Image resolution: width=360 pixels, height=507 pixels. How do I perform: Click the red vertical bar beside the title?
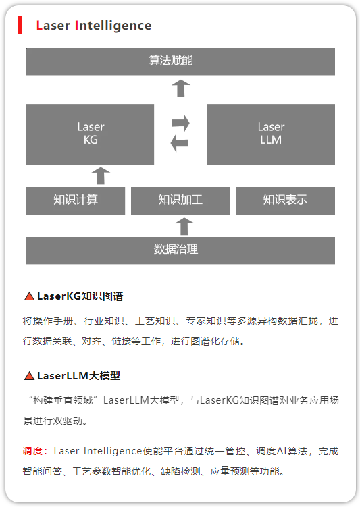[x=20, y=25]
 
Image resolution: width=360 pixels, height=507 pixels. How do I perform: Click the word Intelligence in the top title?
[x=113, y=26]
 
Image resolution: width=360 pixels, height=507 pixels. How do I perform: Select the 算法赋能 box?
[x=180, y=61]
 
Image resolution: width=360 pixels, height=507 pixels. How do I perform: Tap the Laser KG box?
[x=91, y=134]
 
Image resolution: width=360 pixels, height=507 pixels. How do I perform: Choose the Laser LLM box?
[x=271, y=134]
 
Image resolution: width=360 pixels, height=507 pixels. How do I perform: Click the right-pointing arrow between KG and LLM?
[x=180, y=123]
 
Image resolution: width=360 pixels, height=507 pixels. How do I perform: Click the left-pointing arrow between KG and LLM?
[x=180, y=143]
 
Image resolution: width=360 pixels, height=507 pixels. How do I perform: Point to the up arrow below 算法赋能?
[x=181, y=88]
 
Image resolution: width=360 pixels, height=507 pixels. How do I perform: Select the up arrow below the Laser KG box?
[x=101, y=176]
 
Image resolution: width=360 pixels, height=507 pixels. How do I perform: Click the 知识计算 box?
[x=76, y=201]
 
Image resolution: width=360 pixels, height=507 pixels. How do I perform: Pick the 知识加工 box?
[x=180, y=201]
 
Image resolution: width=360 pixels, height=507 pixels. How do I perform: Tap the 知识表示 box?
[x=285, y=201]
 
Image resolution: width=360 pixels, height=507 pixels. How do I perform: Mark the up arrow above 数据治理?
[x=184, y=226]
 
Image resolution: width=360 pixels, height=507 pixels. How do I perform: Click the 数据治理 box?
[x=180, y=250]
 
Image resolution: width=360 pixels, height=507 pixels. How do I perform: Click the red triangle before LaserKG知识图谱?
[x=29, y=296]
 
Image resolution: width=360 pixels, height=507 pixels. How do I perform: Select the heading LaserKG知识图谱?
[x=80, y=296]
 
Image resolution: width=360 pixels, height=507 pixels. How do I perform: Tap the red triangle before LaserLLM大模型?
[x=29, y=376]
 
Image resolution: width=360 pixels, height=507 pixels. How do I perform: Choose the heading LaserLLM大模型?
[x=78, y=376]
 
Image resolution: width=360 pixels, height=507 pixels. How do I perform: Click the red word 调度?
[x=32, y=451]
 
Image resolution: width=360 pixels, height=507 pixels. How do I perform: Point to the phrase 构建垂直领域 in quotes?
[x=63, y=400]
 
